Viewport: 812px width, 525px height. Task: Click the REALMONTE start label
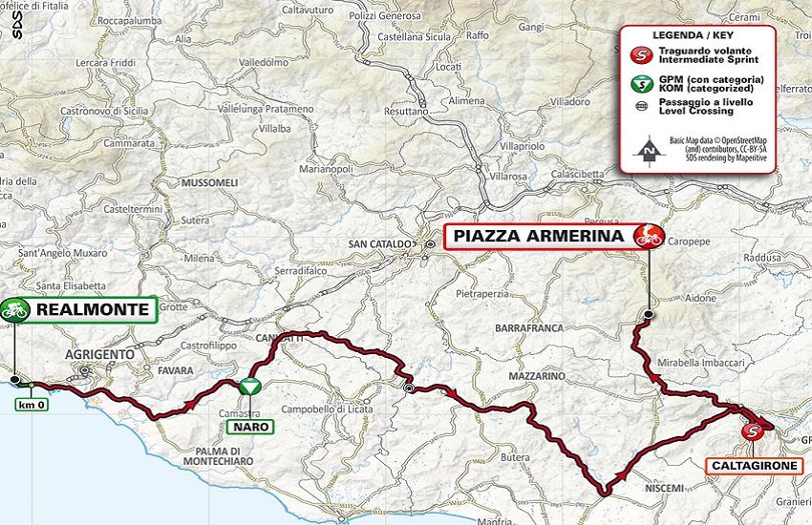93,309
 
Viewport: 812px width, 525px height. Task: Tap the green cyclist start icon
14,308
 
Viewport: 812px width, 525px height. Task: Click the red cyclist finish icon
650,235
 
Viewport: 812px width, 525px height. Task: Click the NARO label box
248,427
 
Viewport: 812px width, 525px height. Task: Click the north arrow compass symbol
649,148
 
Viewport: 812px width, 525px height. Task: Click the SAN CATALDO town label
380,244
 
